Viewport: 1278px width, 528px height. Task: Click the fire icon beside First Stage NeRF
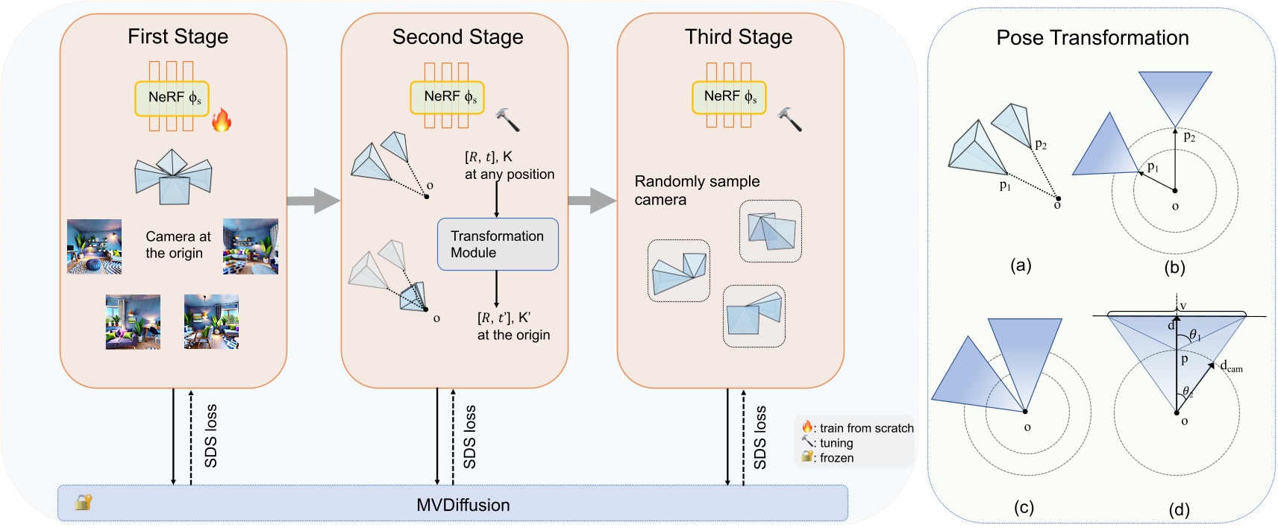221,119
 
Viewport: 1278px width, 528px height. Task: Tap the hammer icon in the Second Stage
507,119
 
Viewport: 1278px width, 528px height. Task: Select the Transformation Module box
498,244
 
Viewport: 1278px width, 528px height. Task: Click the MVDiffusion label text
463,505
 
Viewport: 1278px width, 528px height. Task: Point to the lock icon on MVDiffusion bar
83,502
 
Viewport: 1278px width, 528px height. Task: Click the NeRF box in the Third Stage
729,97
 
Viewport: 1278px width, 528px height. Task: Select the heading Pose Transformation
1092,38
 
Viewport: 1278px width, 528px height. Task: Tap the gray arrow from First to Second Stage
313,200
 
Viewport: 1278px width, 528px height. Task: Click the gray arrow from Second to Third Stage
592,200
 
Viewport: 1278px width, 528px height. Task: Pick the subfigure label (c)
1024,508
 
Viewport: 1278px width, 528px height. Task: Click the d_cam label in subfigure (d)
1231,366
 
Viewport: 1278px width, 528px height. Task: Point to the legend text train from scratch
866,428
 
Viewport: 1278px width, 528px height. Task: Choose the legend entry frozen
836,458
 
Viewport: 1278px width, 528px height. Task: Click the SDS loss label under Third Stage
759,438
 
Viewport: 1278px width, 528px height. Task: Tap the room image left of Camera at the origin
94,247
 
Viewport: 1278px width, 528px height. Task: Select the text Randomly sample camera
696,190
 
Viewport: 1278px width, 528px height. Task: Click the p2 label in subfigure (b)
1189,136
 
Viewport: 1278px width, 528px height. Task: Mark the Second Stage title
457,37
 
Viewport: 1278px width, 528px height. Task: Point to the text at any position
510,174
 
